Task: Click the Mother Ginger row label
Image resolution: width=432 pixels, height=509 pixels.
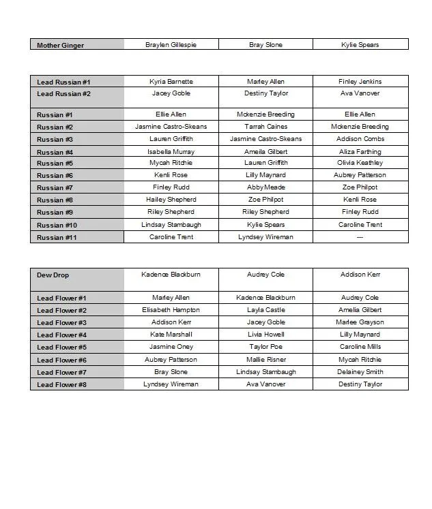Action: (x=61, y=45)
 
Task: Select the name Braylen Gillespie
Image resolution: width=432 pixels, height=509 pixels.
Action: (x=171, y=45)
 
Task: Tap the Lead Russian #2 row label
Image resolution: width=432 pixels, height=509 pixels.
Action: (x=63, y=94)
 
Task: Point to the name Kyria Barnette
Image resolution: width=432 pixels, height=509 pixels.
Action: (x=171, y=82)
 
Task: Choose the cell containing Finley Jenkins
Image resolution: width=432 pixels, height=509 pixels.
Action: (x=360, y=82)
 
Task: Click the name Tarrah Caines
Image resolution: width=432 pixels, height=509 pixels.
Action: (x=265, y=127)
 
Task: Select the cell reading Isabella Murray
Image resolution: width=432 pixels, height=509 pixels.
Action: (x=171, y=152)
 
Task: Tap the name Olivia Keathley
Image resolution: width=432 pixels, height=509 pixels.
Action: (x=360, y=163)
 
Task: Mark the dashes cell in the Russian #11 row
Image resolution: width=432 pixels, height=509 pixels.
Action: (x=360, y=237)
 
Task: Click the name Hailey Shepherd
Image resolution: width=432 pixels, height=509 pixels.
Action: (x=171, y=200)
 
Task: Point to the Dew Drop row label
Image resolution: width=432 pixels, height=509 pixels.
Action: (x=53, y=275)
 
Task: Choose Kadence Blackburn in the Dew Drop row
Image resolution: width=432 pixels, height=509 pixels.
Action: (x=171, y=275)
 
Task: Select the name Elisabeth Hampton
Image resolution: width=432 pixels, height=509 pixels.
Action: (x=171, y=310)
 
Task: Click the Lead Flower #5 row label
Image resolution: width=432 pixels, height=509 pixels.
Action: (x=61, y=348)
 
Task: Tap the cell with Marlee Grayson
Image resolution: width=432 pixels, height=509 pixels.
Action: (x=360, y=322)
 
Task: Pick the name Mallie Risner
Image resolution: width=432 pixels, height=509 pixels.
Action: (x=265, y=360)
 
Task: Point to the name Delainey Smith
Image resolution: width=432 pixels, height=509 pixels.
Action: (x=360, y=372)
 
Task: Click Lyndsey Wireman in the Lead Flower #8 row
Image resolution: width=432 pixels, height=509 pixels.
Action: (x=171, y=384)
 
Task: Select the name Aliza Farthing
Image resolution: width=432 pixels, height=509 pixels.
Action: (x=360, y=152)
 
